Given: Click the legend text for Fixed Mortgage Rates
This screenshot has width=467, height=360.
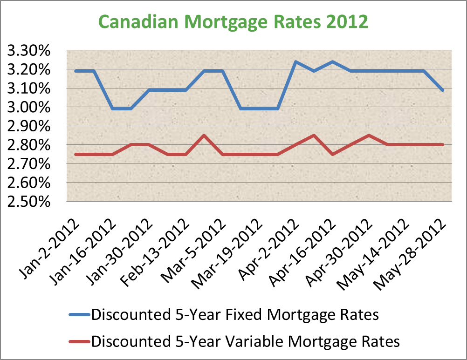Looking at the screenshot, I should (x=235, y=315).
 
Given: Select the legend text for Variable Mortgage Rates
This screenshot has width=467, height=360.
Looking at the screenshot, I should (x=246, y=341).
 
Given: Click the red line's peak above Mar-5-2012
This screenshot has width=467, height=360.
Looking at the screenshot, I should (x=204, y=136).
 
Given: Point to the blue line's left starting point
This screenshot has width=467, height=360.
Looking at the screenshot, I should (x=76, y=71).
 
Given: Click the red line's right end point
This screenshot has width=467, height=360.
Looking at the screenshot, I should (x=442, y=145).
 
